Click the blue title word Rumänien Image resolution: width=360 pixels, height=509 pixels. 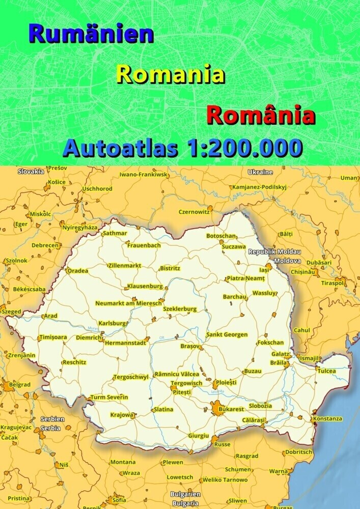[92, 34]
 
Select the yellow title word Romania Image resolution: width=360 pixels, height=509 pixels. [171, 75]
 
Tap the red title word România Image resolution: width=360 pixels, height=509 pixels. [261, 116]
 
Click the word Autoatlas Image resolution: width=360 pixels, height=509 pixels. [120, 148]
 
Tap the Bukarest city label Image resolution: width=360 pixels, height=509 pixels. [231, 409]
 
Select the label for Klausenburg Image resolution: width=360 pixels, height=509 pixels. [145, 286]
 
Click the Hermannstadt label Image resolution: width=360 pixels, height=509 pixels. [125, 343]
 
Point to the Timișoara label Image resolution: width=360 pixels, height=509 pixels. [52, 337]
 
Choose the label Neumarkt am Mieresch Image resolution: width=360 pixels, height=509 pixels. [128, 303]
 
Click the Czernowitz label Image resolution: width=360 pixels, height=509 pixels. [193, 212]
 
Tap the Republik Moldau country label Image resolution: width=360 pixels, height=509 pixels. [274, 252]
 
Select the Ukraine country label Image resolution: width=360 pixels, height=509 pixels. [260, 172]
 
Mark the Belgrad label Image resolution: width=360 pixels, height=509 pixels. [20, 385]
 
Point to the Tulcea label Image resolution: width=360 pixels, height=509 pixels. [327, 371]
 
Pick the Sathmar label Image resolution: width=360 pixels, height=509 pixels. [115, 233]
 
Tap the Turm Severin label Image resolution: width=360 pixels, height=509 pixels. [109, 397]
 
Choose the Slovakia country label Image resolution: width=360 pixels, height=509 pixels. [31, 172]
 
